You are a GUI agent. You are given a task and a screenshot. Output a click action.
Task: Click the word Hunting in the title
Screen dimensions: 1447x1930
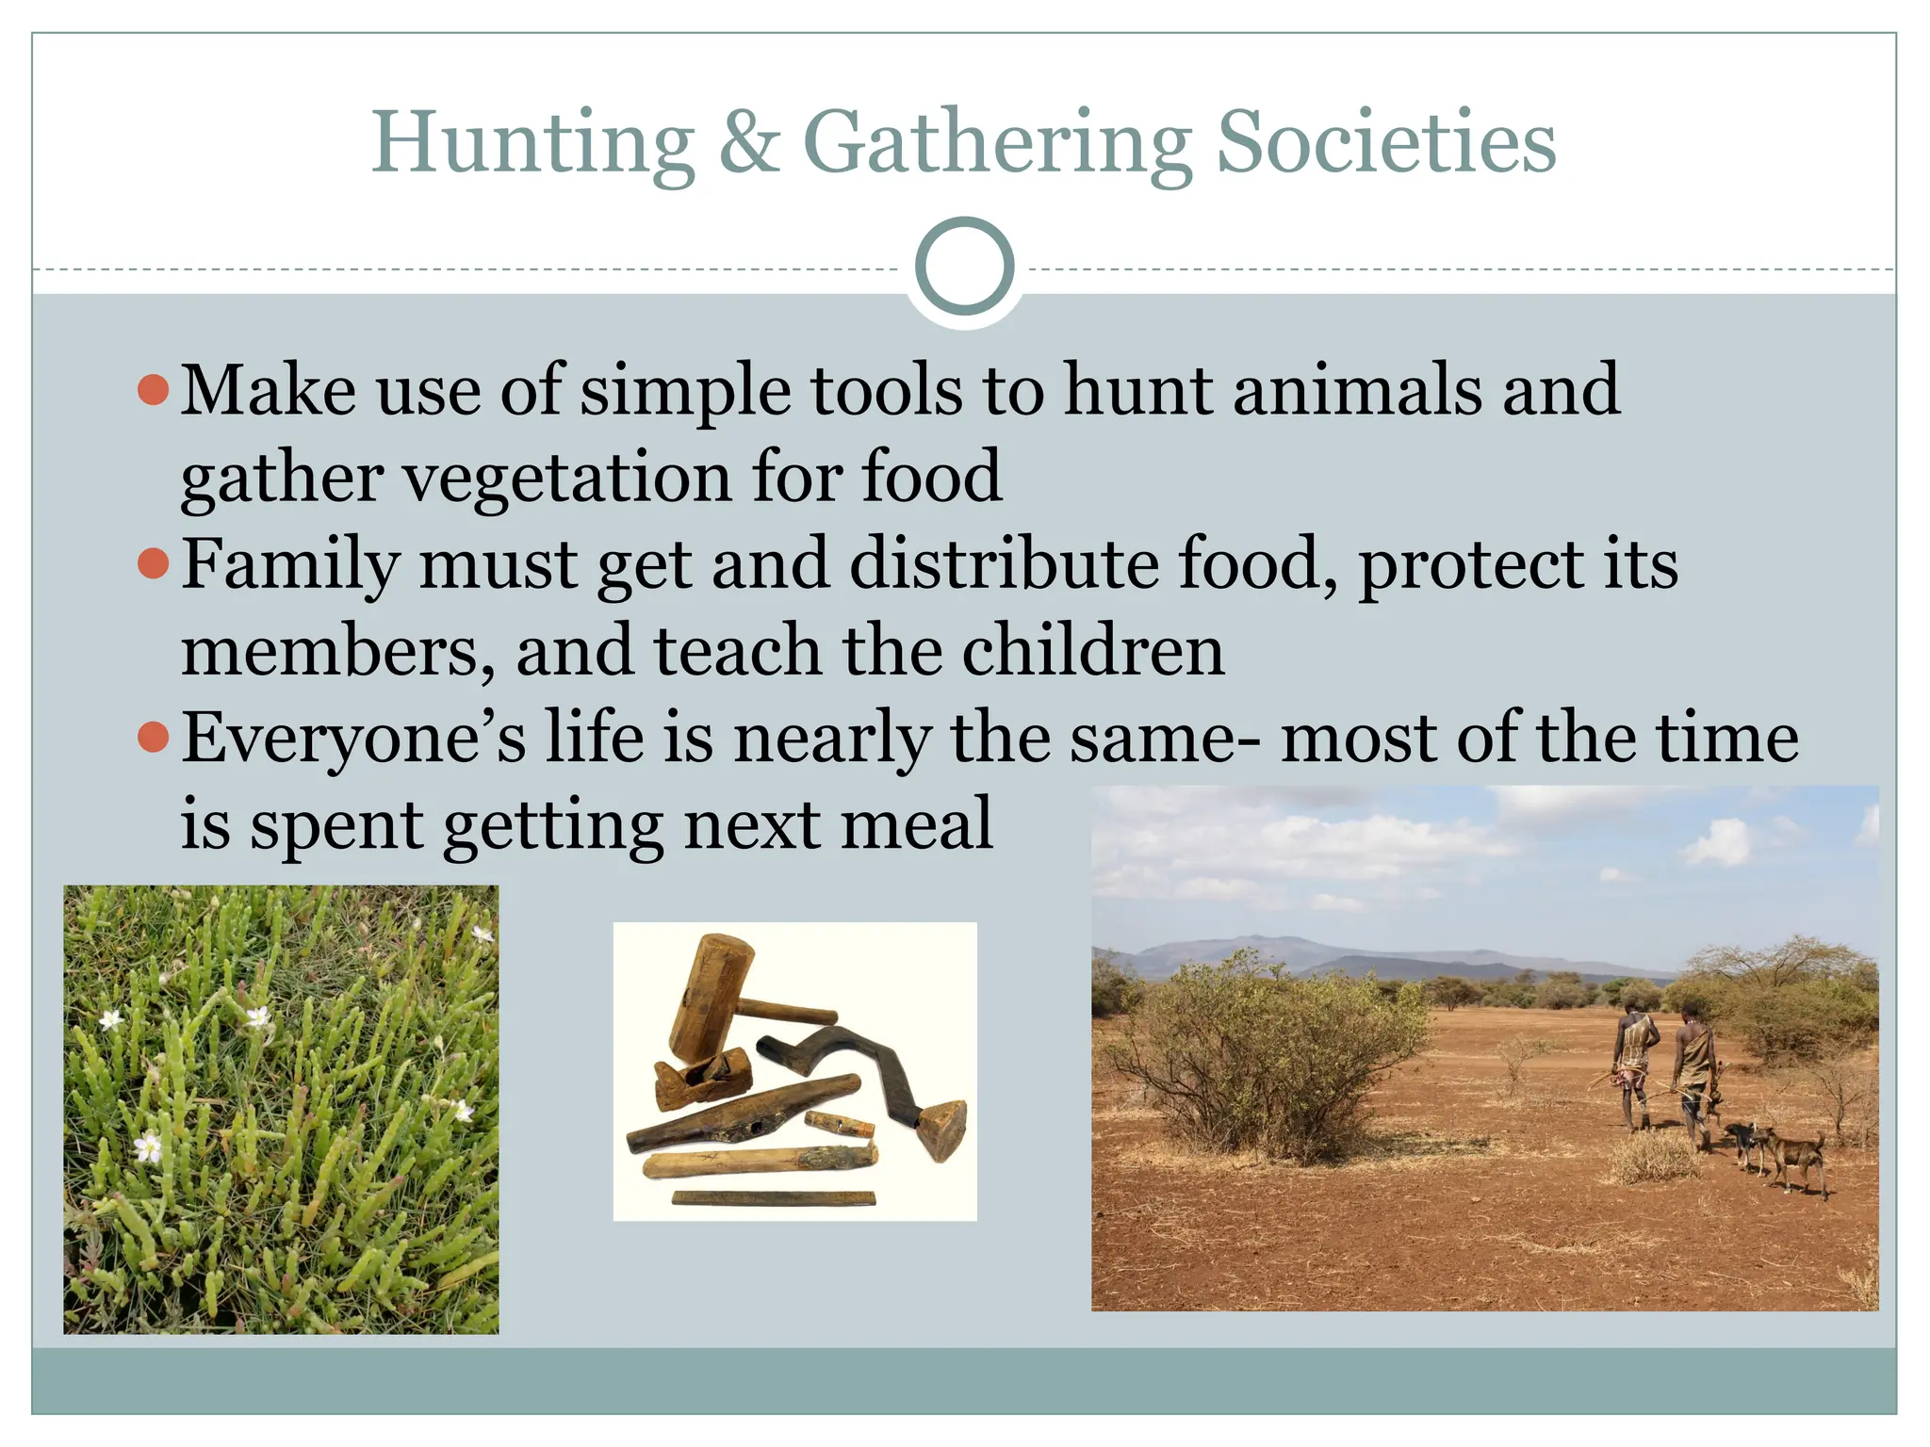pos(533,143)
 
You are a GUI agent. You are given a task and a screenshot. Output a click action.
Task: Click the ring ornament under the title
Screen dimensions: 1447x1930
pos(964,267)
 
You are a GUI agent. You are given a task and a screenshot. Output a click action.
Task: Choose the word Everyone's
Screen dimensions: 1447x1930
pos(353,737)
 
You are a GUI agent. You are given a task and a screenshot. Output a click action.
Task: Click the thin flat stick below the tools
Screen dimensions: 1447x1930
pos(773,1198)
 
